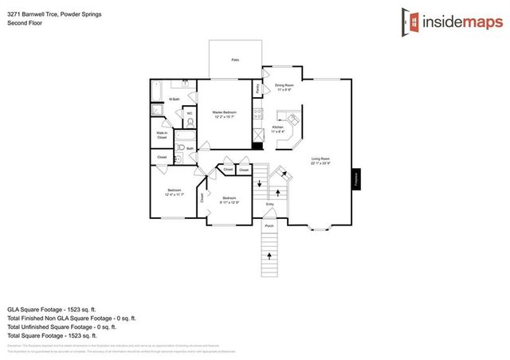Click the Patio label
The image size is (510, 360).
(x=235, y=60)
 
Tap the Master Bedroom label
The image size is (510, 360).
(x=224, y=115)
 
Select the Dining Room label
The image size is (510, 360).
(x=284, y=86)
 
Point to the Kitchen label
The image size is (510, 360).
(x=278, y=128)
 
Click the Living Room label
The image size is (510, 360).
(x=320, y=161)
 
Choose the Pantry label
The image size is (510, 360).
(x=257, y=89)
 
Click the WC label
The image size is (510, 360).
(x=189, y=114)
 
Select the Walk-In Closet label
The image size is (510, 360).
(x=162, y=135)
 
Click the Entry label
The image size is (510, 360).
(x=269, y=204)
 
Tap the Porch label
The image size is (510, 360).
(x=269, y=225)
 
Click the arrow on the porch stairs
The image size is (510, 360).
(x=269, y=256)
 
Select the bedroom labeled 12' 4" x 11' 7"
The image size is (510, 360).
(x=175, y=192)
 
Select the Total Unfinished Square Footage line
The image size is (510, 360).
(x=61, y=326)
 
